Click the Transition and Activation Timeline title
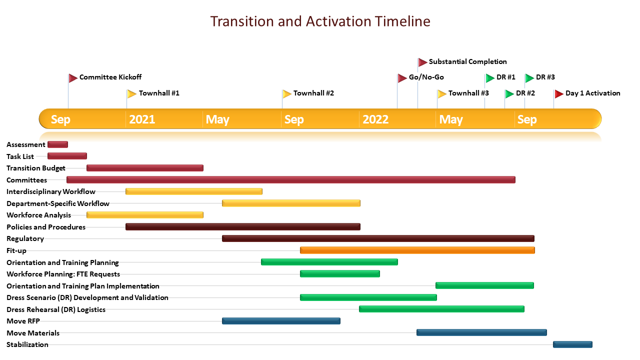point(320,21)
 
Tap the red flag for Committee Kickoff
point(73,77)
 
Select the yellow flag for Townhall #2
point(287,93)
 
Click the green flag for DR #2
point(509,93)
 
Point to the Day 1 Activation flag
point(559,93)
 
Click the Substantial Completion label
point(467,61)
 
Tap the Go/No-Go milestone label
point(426,77)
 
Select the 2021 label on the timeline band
point(142,119)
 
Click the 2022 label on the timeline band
point(375,119)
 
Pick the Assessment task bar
point(57,144)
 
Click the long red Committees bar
point(291,179)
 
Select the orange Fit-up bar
point(417,250)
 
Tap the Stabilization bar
point(572,344)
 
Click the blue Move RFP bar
point(281,321)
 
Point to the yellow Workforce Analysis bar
point(145,215)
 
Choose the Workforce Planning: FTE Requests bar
point(340,273)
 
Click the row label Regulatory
point(25,239)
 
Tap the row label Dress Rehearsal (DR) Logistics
point(56,309)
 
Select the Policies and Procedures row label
point(46,227)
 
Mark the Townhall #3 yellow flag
point(441,93)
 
